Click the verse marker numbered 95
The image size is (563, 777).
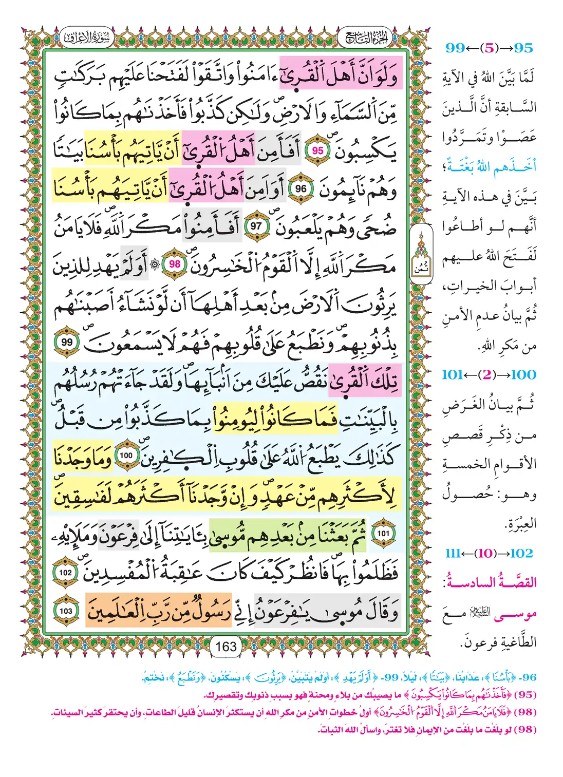tap(318, 150)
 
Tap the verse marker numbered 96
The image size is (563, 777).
tap(301, 189)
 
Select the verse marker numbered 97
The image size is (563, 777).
tap(256, 226)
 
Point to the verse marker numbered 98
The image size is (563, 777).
tap(175, 264)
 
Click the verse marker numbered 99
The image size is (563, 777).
tap(67, 342)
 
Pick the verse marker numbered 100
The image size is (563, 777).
tap(126, 456)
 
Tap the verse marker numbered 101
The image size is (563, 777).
tap(383, 533)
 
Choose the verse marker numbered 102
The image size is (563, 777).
tap(65, 573)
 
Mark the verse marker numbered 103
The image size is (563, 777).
tap(65, 611)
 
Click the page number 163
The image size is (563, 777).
tap(226, 646)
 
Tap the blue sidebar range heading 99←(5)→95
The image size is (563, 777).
tap(489, 48)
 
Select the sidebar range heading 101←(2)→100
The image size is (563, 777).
tap(489, 375)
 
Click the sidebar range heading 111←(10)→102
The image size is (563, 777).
tap(489, 553)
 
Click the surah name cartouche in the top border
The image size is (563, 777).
tap(86, 37)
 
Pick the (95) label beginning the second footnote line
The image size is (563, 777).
tap(525, 695)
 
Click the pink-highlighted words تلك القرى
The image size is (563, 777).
tap(363, 381)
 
